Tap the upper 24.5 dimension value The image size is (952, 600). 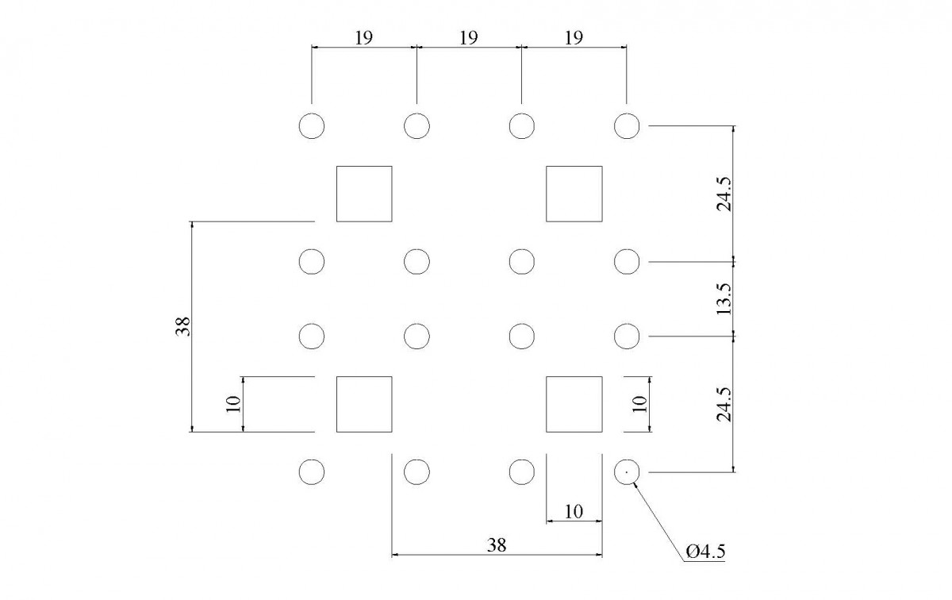[723, 194]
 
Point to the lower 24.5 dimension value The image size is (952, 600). [723, 404]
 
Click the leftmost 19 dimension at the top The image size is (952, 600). [363, 37]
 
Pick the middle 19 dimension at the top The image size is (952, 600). [468, 37]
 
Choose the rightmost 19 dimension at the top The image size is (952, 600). [574, 37]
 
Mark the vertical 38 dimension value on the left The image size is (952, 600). [183, 326]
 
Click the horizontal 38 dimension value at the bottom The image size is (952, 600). [497, 544]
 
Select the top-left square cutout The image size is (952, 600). [364, 194]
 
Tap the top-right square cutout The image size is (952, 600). [574, 194]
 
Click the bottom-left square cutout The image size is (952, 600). [364, 404]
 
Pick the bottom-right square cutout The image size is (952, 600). [574, 404]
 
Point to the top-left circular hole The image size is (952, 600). [312, 126]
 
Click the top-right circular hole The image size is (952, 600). [627, 126]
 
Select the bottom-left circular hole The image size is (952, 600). [312, 471]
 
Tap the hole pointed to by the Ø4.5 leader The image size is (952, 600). [627, 471]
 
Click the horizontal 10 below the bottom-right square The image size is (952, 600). [574, 512]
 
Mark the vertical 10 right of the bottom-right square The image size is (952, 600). [641, 404]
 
